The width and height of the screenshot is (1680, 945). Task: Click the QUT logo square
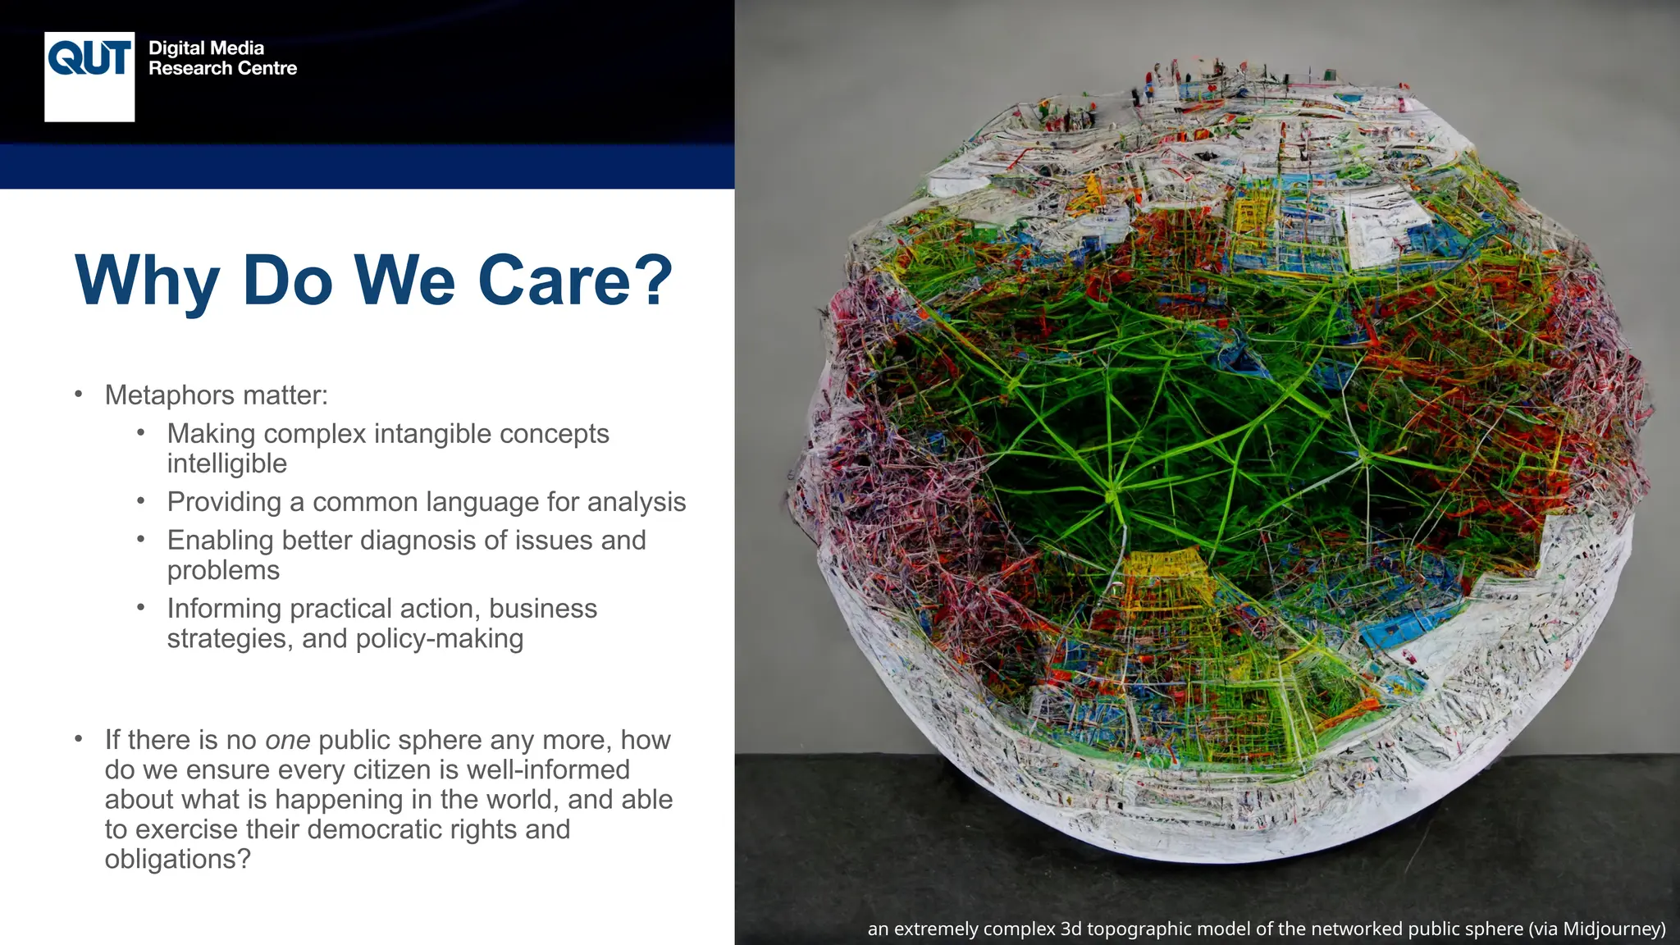pyautogui.click(x=89, y=77)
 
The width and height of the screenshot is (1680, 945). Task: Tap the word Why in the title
pyautogui.click(x=147, y=281)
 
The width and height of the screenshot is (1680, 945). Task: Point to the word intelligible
pyautogui.click(x=227, y=464)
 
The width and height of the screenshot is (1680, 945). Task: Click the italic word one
pyautogui.click(x=288, y=740)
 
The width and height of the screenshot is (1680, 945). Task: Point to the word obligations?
pyautogui.click(x=177, y=860)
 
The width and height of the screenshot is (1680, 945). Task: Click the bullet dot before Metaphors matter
pyautogui.click(x=79, y=395)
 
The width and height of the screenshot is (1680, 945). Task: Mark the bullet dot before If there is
pyautogui.click(x=79, y=739)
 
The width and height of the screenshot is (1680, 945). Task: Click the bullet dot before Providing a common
pyautogui.click(x=141, y=501)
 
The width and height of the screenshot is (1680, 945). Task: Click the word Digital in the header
pyautogui.click(x=177, y=48)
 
